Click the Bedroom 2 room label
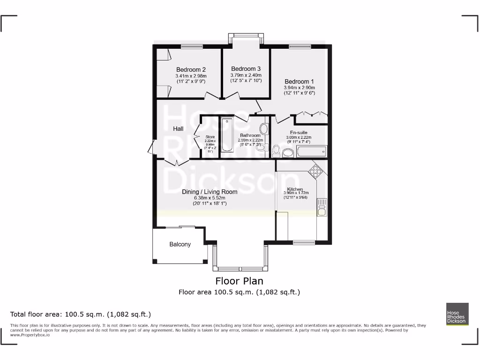[x=191, y=70]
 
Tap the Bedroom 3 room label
[x=246, y=69]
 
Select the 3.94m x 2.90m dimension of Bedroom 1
[x=299, y=87]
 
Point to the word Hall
[x=178, y=129]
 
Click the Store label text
[x=210, y=137]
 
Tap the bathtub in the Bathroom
[x=227, y=135]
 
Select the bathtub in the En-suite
[x=311, y=151]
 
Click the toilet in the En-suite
[x=276, y=150]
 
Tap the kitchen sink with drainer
[x=322, y=207]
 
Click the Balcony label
[x=180, y=244]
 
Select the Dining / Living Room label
[x=210, y=192]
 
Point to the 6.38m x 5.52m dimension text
[x=210, y=198]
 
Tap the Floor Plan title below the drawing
[x=239, y=281]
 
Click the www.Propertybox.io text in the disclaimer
[x=30, y=335]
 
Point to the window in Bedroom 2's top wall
[x=192, y=46]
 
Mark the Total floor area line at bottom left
[x=81, y=314]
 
